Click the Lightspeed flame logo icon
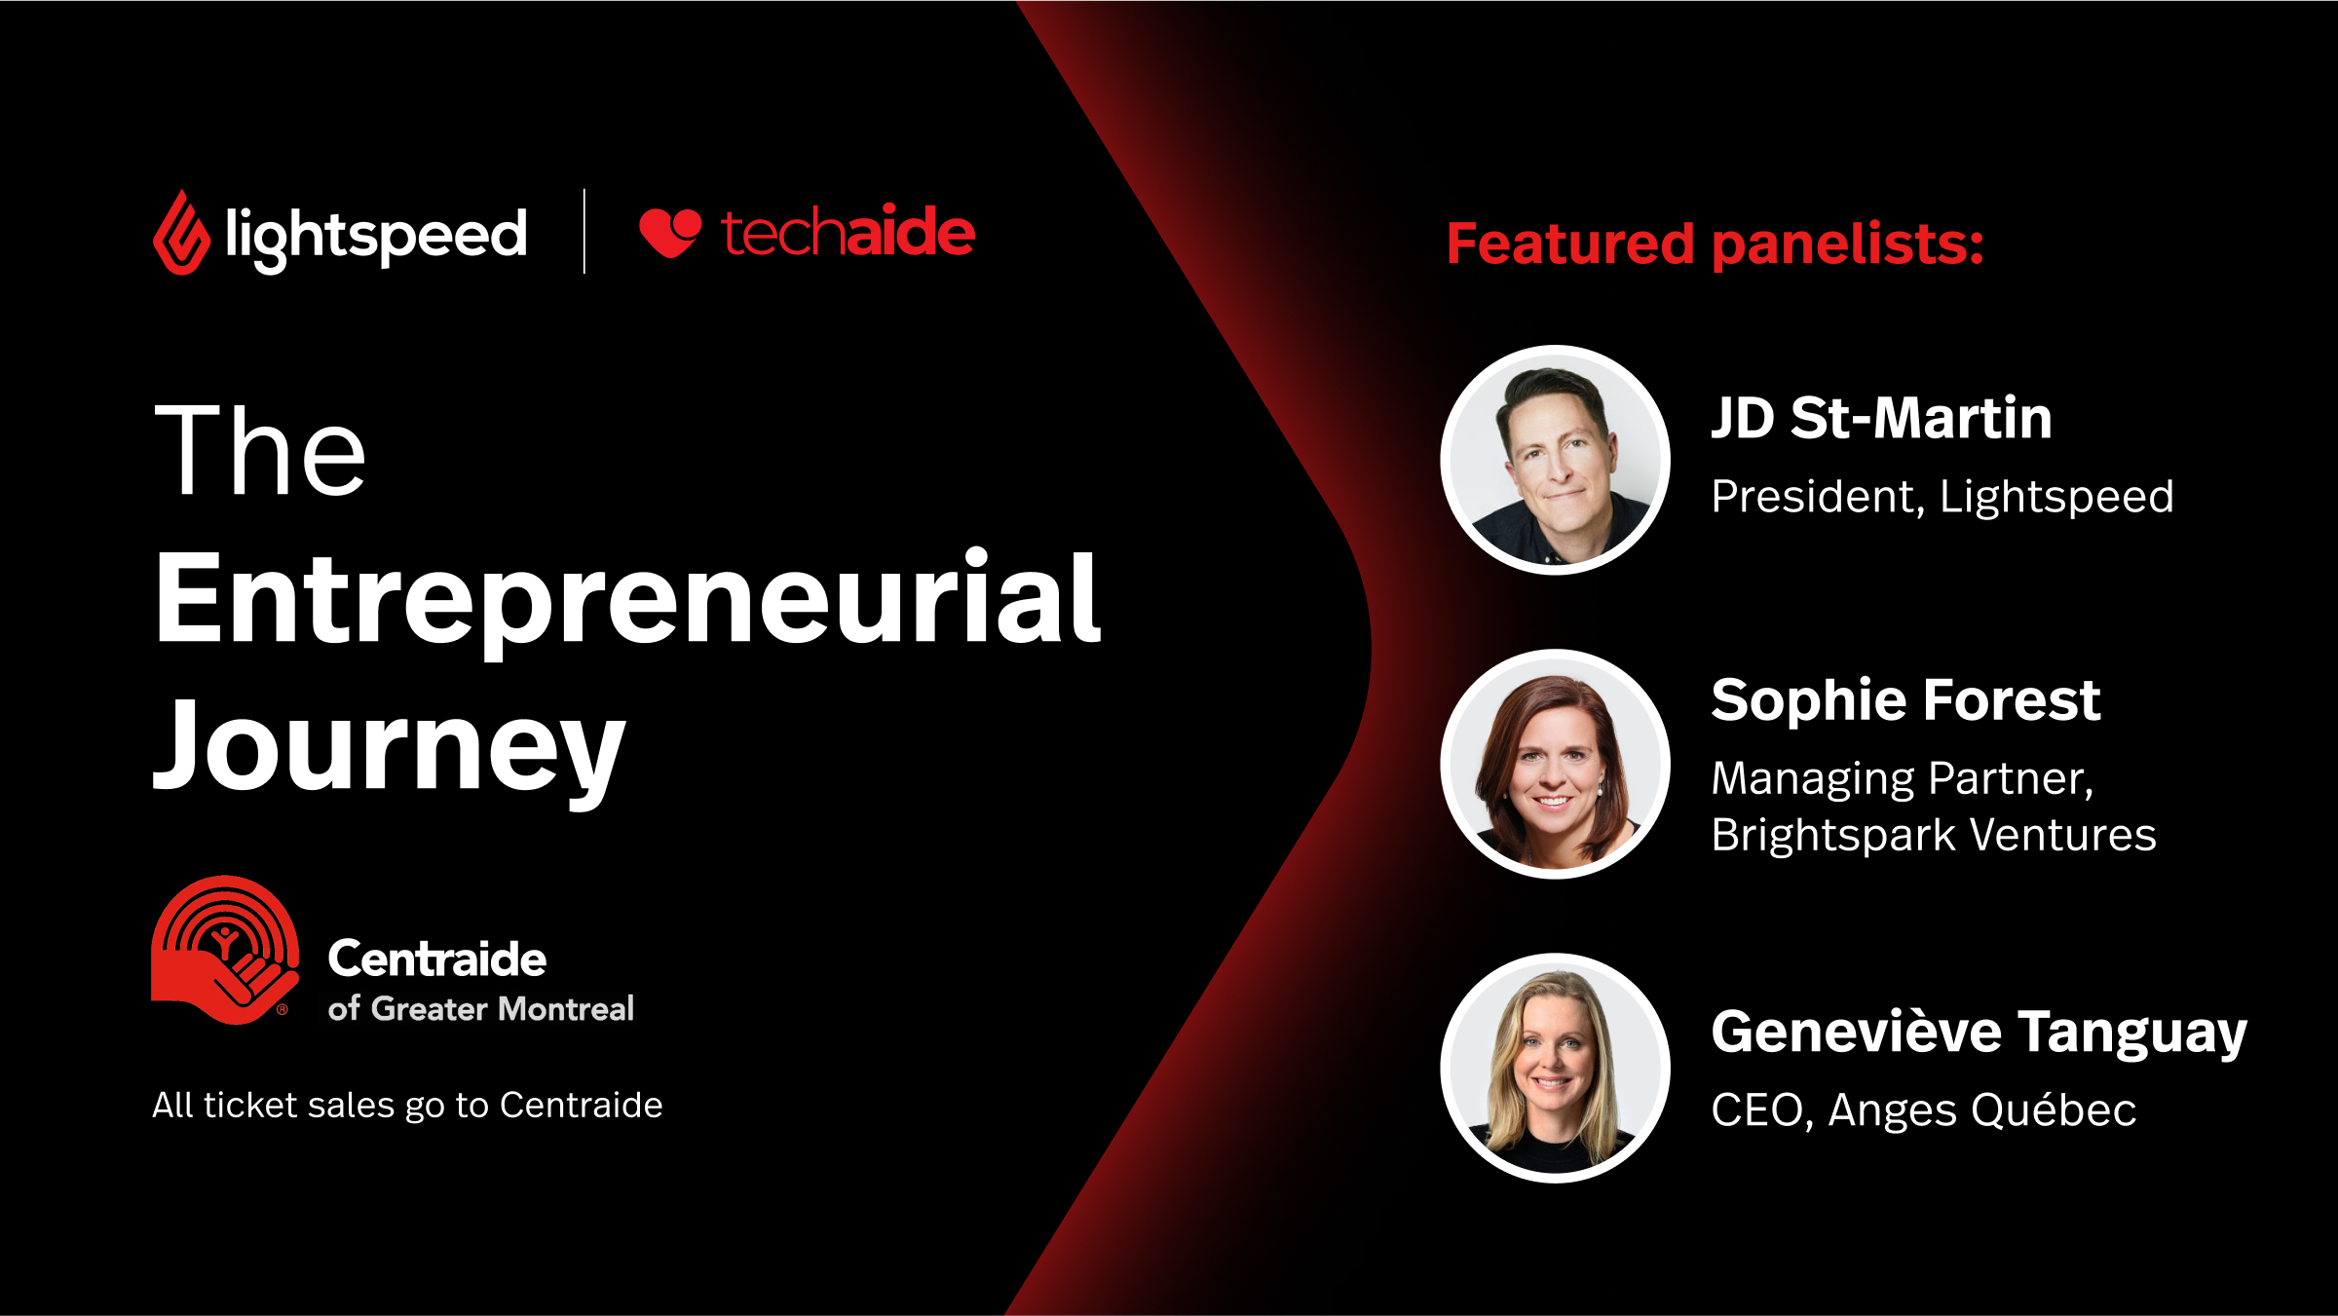pos(181,233)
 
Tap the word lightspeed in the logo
pos(376,237)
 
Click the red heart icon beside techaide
pos(670,233)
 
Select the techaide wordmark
pos(848,232)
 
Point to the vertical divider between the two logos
pos(584,232)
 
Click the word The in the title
pos(260,450)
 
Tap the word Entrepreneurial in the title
pos(628,599)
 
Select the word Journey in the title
pos(390,748)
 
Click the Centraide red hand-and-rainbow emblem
pos(225,950)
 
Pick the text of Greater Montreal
pos(481,1008)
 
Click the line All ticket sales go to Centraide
pos(407,1106)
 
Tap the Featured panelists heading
pos(1716,244)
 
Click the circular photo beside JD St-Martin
pos(1556,460)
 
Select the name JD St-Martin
pos(1882,418)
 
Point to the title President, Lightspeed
pos(1942,497)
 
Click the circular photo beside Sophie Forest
pos(1556,764)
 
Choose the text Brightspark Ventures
pos(1934,835)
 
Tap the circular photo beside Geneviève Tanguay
pos(1556,1068)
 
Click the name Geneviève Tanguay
pos(1980,1032)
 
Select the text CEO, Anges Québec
pos(1924,1109)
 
